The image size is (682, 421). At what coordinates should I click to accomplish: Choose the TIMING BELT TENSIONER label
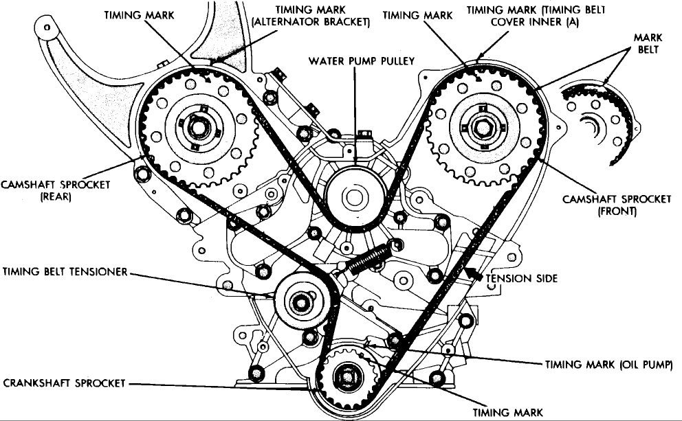pyautogui.click(x=64, y=271)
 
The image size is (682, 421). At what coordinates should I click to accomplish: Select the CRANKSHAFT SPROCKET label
pyautogui.click(x=59, y=382)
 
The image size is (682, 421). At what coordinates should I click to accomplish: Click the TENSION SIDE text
pyautogui.click(x=522, y=279)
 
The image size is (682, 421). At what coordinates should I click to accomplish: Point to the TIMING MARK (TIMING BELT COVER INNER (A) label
pyautogui.click(x=522, y=16)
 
